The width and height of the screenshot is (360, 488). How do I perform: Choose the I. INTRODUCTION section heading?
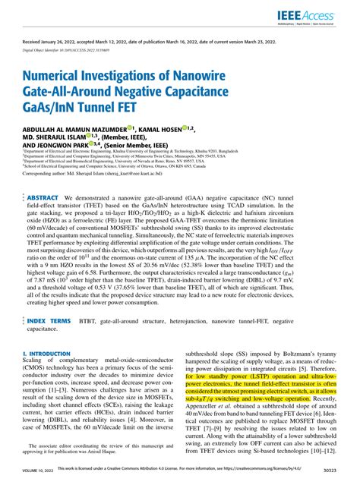pos(47,354)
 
